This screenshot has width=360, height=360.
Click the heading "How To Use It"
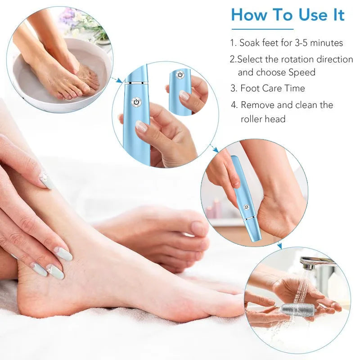(x=288, y=15)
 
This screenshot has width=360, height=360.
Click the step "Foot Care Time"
(x=272, y=88)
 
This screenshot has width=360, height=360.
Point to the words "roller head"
(x=263, y=119)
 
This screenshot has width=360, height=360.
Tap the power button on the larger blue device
(x=135, y=103)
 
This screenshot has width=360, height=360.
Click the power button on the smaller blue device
(x=180, y=75)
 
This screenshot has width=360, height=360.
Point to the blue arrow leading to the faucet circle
(x=279, y=246)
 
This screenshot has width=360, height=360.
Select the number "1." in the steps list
(x=233, y=43)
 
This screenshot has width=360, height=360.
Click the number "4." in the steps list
(x=234, y=105)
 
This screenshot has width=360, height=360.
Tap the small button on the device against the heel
(x=246, y=207)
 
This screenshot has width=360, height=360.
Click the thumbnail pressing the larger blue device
(x=141, y=126)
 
